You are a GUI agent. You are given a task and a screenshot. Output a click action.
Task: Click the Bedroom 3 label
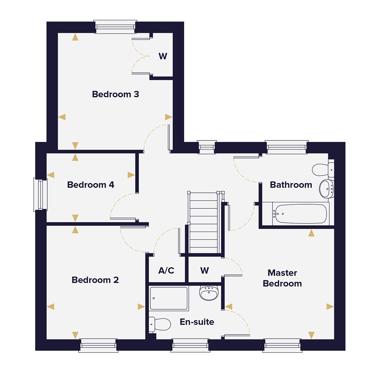pyautogui.click(x=115, y=94)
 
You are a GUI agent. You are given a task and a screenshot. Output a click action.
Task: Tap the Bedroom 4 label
pyautogui.click(x=91, y=185)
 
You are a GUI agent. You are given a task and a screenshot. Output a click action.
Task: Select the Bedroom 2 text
pyautogui.click(x=95, y=280)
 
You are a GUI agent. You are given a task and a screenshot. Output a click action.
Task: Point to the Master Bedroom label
pyautogui.click(x=282, y=278)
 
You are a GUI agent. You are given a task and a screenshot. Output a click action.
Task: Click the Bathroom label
pyautogui.click(x=291, y=185)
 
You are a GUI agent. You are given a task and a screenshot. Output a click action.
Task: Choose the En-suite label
pyautogui.click(x=197, y=322)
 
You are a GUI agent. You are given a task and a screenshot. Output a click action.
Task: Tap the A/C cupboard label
pyautogui.click(x=166, y=271)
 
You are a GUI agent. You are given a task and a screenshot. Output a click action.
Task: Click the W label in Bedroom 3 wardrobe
pyautogui.click(x=163, y=56)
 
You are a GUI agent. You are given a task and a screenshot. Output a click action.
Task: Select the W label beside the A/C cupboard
pyautogui.click(x=205, y=271)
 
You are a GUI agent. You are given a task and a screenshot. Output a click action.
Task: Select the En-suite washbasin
pyautogui.click(x=209, y=293)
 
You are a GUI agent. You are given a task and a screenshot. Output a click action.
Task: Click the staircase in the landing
pyautogui.click(x=204, y=223)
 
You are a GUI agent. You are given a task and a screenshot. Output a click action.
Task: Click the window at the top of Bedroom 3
pyautogui.click(x=115, y=27)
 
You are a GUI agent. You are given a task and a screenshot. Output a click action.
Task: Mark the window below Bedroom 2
pyautogui.click(x=98, y=346)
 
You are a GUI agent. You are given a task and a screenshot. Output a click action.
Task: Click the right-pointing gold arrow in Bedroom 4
pyautogui.click(x=131, y=175)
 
